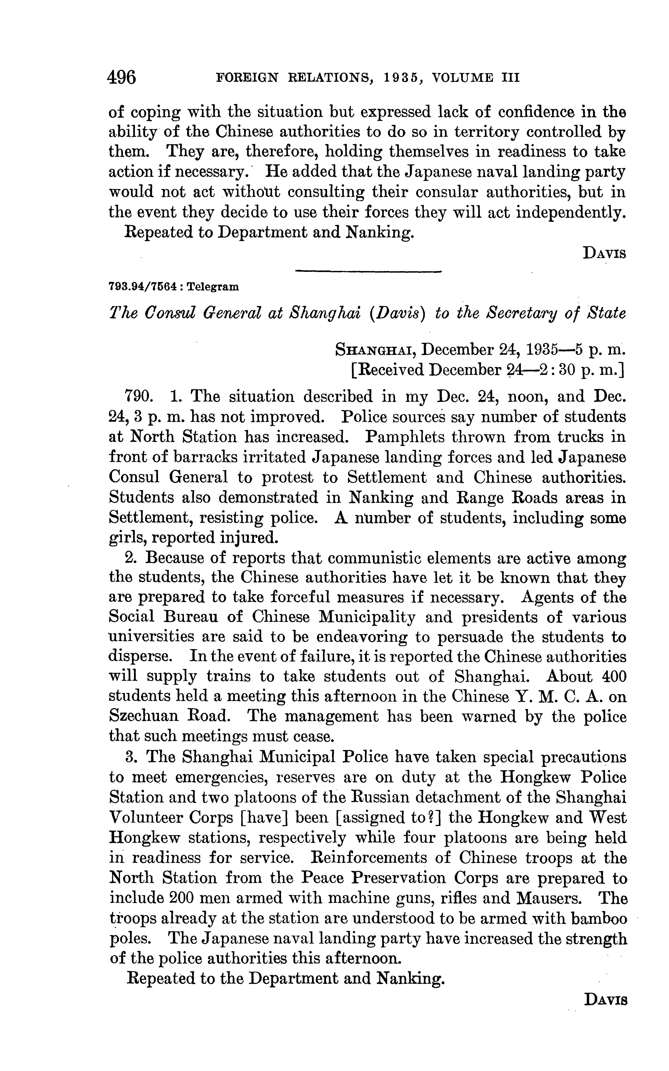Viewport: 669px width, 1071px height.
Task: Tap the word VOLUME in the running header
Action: [x=462, y=78]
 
